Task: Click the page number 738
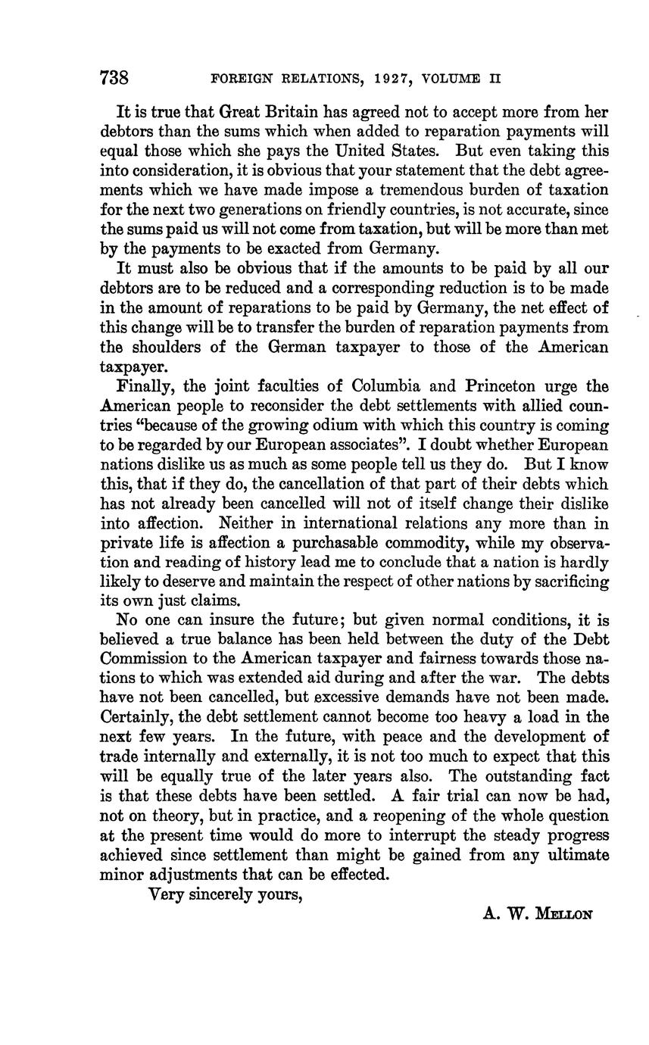click(x=114, y=78)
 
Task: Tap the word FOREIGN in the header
click(x=239, y=79)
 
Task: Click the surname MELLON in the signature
click(x=563, y=914)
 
